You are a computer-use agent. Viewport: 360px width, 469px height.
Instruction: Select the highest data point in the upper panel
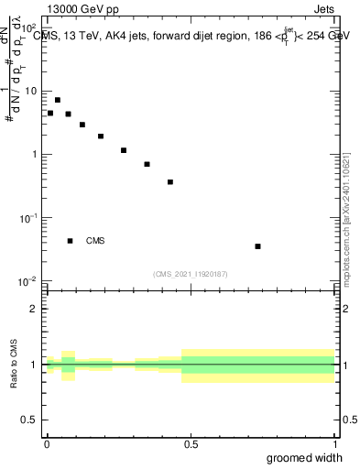58,100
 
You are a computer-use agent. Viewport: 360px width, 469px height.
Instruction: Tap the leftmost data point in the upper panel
50,114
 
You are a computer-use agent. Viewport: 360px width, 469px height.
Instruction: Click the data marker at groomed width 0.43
170,182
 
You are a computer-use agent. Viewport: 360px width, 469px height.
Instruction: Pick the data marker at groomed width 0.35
147,165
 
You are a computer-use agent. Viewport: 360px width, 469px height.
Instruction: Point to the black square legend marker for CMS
70,241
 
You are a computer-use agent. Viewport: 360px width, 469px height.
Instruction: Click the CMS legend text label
95,241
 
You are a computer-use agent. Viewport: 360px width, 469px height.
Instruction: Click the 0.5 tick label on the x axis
191,444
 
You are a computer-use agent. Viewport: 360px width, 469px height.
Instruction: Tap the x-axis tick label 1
335,444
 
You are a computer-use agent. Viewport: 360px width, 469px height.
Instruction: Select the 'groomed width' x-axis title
304,458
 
